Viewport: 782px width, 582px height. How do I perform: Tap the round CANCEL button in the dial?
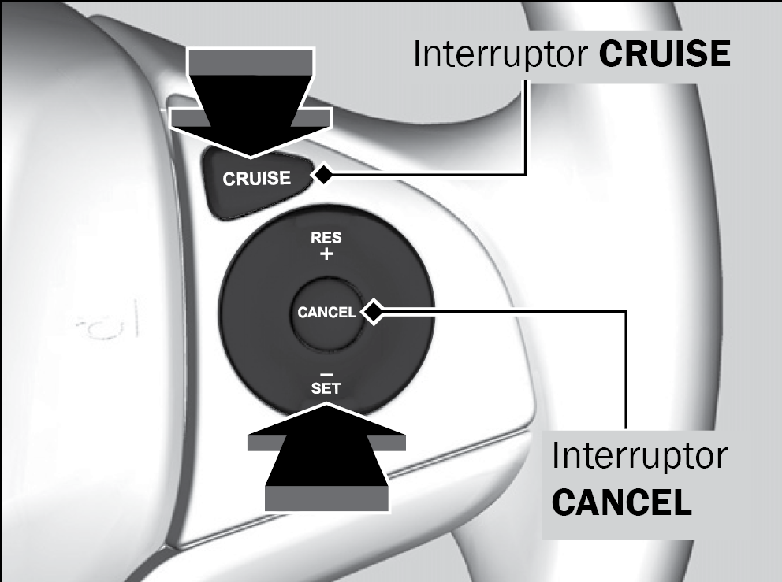pos(326,312)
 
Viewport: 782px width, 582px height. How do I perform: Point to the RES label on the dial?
pos(326,238)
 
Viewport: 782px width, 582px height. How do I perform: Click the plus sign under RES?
pos(326,254)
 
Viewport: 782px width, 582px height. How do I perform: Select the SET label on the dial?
pos(326,388)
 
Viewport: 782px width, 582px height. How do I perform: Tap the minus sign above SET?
pos(326,374)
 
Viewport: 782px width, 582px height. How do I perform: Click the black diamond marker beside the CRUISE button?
pos(322,175)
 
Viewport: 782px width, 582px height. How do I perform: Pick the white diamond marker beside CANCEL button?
pos(373,312)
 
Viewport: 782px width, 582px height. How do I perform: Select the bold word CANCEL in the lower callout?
pos(622,502)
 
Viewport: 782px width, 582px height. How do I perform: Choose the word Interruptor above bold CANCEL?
pos(639,456)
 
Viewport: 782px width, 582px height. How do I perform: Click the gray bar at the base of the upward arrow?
pos(326,499)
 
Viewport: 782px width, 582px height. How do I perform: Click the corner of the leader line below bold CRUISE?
pos(526,174)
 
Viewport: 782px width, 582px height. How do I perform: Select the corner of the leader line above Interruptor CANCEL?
pos(626,312)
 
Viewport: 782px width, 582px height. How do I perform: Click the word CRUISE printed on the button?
pos(257,179)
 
